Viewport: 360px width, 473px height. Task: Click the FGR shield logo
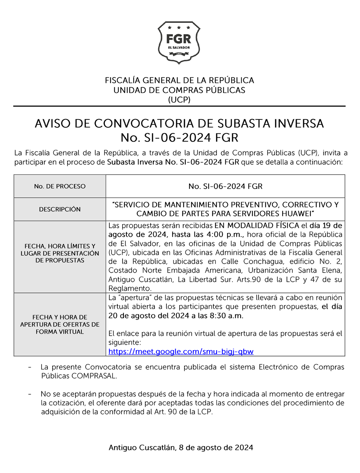[x=179, y=42]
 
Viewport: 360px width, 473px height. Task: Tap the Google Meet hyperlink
[x=181, y=352]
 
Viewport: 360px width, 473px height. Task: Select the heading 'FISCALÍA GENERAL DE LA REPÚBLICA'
[x=179, y=81]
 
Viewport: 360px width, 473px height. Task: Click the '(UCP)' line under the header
[x=179, y=100]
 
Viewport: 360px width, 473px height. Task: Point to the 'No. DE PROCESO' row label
[x=60, y=186]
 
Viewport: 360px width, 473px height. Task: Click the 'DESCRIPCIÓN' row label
[x=60, y=209]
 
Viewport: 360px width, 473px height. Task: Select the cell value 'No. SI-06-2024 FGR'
[x=225, y=186]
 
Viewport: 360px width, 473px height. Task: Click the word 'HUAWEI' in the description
[x=297, y=214]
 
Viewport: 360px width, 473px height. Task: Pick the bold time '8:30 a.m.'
[x=226, y=316]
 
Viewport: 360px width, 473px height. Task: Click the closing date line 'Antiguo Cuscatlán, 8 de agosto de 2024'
[x=181, y=448]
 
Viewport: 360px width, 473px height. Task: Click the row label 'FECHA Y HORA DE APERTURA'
[x=60, y=324]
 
